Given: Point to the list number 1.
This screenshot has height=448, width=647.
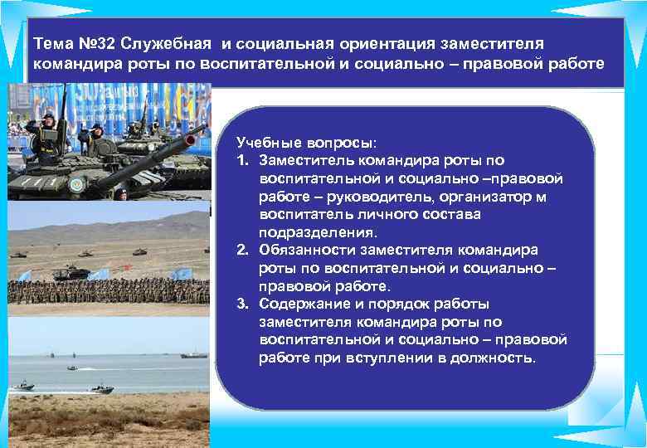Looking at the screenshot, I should (x=241, y=160).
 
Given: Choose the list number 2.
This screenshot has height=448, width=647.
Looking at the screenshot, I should (x=241, y=250).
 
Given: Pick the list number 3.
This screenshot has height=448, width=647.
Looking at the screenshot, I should (x=241, y=304).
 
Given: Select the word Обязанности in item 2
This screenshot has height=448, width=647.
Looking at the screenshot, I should (x=301, y=250).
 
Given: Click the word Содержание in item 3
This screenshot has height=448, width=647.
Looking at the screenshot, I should (x=299, y=304).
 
